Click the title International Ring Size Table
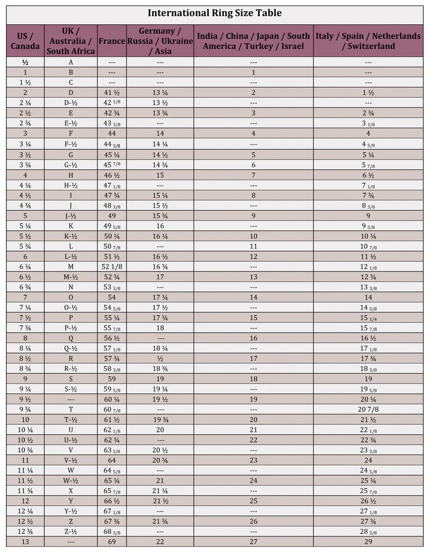point(214,13)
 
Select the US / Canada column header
point(25,41)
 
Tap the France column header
point(112,41)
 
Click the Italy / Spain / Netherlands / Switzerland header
point(368,41)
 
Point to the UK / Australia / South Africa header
point(71,41)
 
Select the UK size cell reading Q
point(71,338)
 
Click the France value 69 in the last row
point(112,542)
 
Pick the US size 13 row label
point(25,542)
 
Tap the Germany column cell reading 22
point(160,542)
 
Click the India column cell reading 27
point(253,542)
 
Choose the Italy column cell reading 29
point(368,542)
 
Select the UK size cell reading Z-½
point(71,532)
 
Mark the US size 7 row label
point(25,297)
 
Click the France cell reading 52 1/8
point(112,266)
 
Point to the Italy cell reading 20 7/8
point(368,409)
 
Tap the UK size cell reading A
point(71,62)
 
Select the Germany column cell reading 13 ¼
point(160,93)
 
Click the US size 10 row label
point(25,419)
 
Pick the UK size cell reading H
point(71,175)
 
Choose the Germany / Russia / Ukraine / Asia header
point(160,41)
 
